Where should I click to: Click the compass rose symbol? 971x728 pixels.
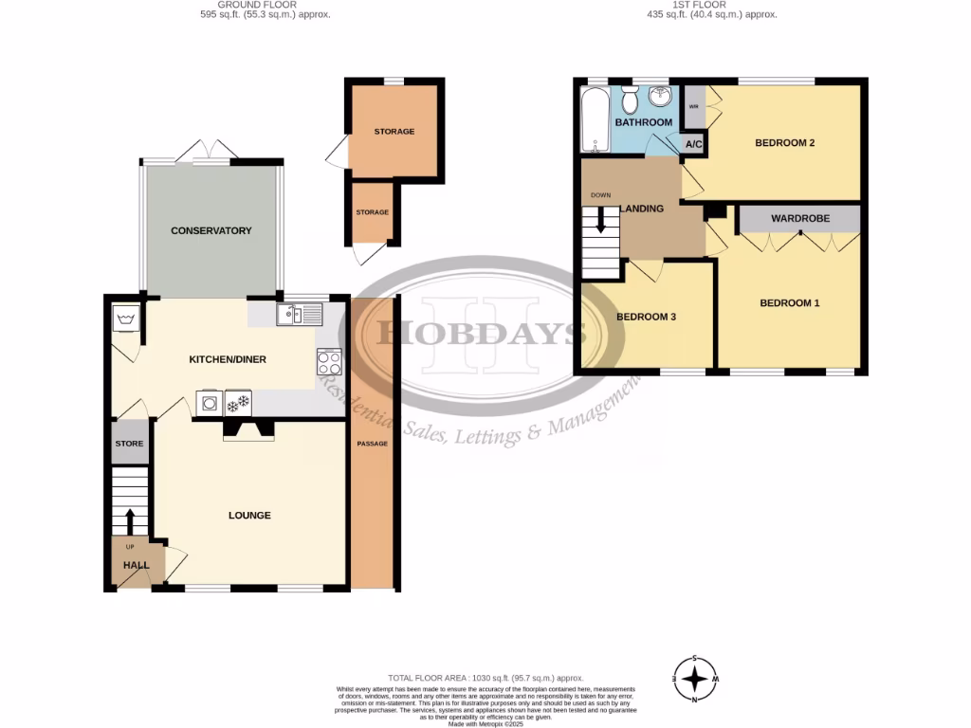(696, 679)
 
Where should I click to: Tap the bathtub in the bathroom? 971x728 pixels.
(596, 120)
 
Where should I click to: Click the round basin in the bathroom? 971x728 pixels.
(661, 100)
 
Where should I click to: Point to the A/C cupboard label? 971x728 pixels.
(693, 144)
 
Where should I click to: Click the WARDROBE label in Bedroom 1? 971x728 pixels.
(799, 218)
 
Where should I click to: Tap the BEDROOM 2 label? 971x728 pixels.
(785, 143)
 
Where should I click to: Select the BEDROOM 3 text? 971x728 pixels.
(646, 317)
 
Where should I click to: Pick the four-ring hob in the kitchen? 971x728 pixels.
(329, 361)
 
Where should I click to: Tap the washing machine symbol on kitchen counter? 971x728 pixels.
(210, 403)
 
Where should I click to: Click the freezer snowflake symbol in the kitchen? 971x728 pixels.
(238, 403)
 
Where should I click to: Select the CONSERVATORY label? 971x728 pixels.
(211, 230)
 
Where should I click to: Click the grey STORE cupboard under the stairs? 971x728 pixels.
(130, 444)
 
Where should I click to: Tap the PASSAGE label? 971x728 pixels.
(372, 444)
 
